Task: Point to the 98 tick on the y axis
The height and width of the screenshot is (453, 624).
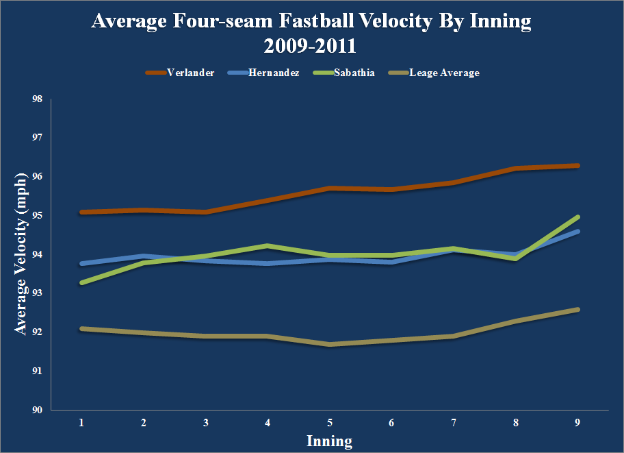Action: pyautogui.click(x=37, y=99)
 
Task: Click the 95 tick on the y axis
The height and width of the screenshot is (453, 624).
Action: pyautogui.click(x=37, y=215)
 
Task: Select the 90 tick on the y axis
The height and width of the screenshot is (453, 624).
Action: pyautogui.click(x=37, y=410)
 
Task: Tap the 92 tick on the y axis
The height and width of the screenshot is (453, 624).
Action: pyautogui.click(x=37, y=332)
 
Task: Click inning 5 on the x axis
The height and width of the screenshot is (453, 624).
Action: pyautogui.click(x=329, y=424)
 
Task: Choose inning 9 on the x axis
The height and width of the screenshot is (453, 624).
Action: pyautogui.click(x=577, y=424)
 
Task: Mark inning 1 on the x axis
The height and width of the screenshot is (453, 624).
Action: pyautogui.click(x=81, y=424)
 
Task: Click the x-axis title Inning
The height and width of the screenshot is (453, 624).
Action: pyautogui.click(x=329, y=441)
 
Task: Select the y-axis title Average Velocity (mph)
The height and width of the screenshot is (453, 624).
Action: pyautogui.click(x=20, y=254)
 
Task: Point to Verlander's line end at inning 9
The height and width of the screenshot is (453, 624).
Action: pyautogui.click(x=577, y=166)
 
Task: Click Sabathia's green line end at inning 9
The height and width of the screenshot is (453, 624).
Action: pyautogui.click(x=577, y=217)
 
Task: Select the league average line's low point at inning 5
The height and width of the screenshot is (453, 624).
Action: pyautogui.click(x=329, y=345)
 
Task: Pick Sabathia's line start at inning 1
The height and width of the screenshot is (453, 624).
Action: pyautogui.click(x=81, y=283)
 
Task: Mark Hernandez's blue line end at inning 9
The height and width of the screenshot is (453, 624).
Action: pyautogui.click(x=577, y=232)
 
